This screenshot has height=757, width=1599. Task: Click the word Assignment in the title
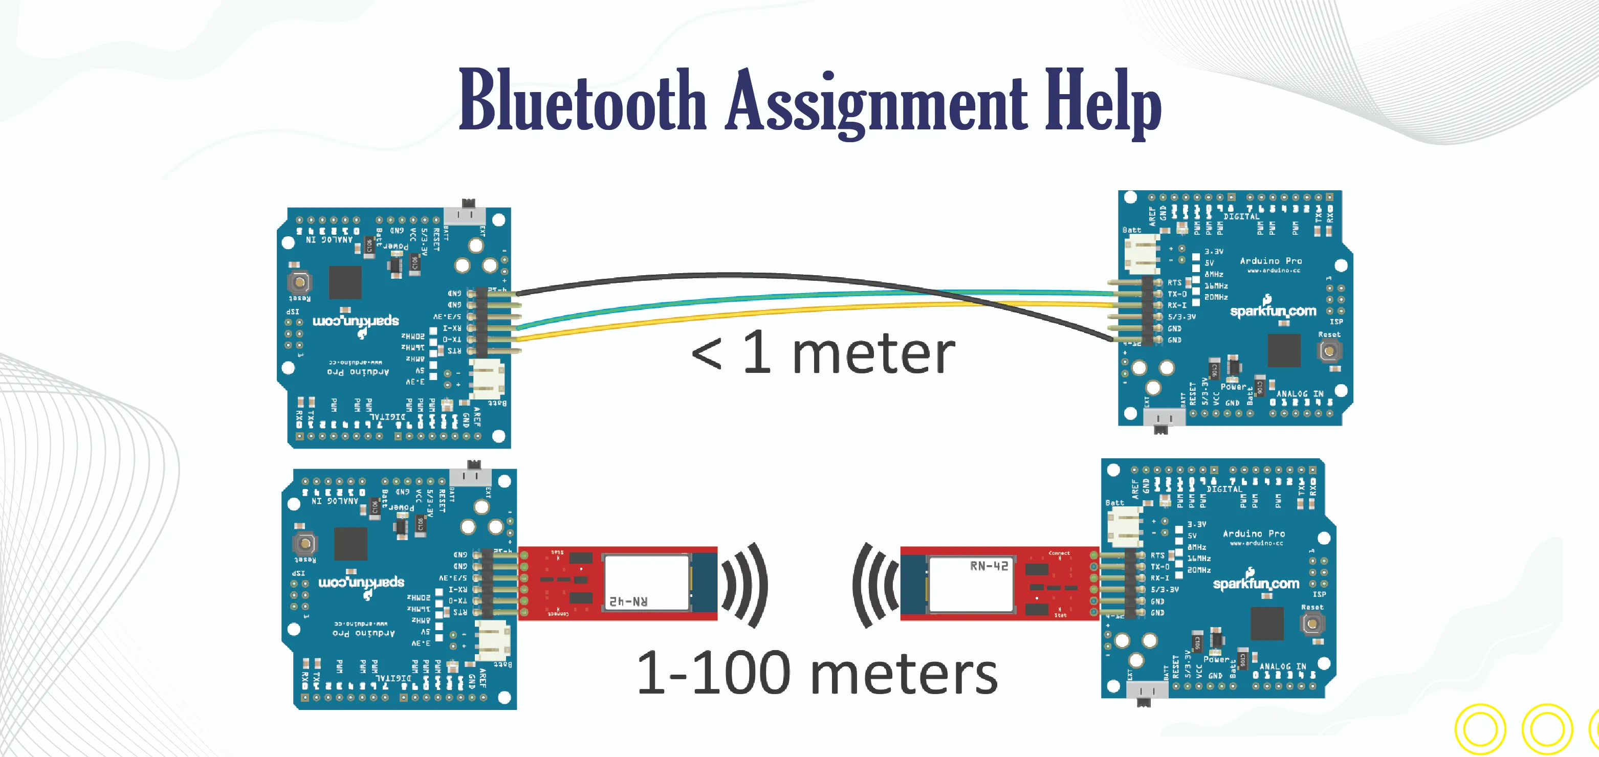(876, 102)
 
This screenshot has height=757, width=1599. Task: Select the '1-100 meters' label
(817, 673)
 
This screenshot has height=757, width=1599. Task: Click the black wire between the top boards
(714, 274)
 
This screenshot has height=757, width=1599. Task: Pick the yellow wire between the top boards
(745, 314)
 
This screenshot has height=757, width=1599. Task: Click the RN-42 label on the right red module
(989, 566)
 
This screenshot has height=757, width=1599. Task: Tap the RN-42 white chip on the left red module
(646, 582)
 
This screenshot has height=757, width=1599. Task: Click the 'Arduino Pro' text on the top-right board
(1271, 261)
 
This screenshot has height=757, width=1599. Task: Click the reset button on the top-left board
(300, 283)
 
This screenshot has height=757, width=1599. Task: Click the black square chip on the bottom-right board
(1266, 623)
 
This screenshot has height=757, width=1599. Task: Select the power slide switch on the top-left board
(467, 213)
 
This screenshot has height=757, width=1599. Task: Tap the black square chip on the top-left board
(344, 282)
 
